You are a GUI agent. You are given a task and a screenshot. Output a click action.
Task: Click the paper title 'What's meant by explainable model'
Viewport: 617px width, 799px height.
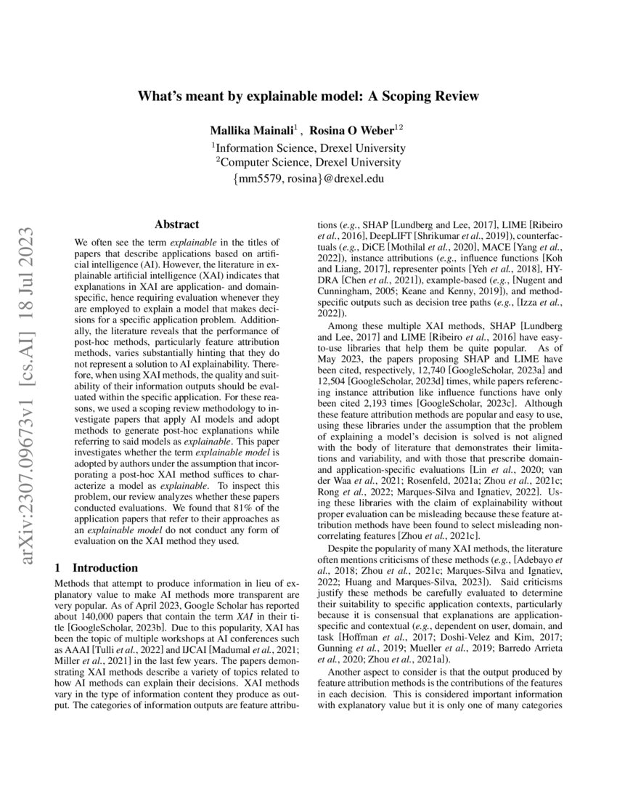308,96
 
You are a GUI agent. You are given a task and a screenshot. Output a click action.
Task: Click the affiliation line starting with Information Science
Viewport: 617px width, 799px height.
308,147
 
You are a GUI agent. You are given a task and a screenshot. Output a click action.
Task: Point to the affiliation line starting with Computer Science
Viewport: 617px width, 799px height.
308,163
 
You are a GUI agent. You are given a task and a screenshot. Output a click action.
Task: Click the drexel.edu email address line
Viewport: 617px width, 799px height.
308,179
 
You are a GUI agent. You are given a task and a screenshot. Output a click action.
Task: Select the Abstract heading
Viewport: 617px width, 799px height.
177,225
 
